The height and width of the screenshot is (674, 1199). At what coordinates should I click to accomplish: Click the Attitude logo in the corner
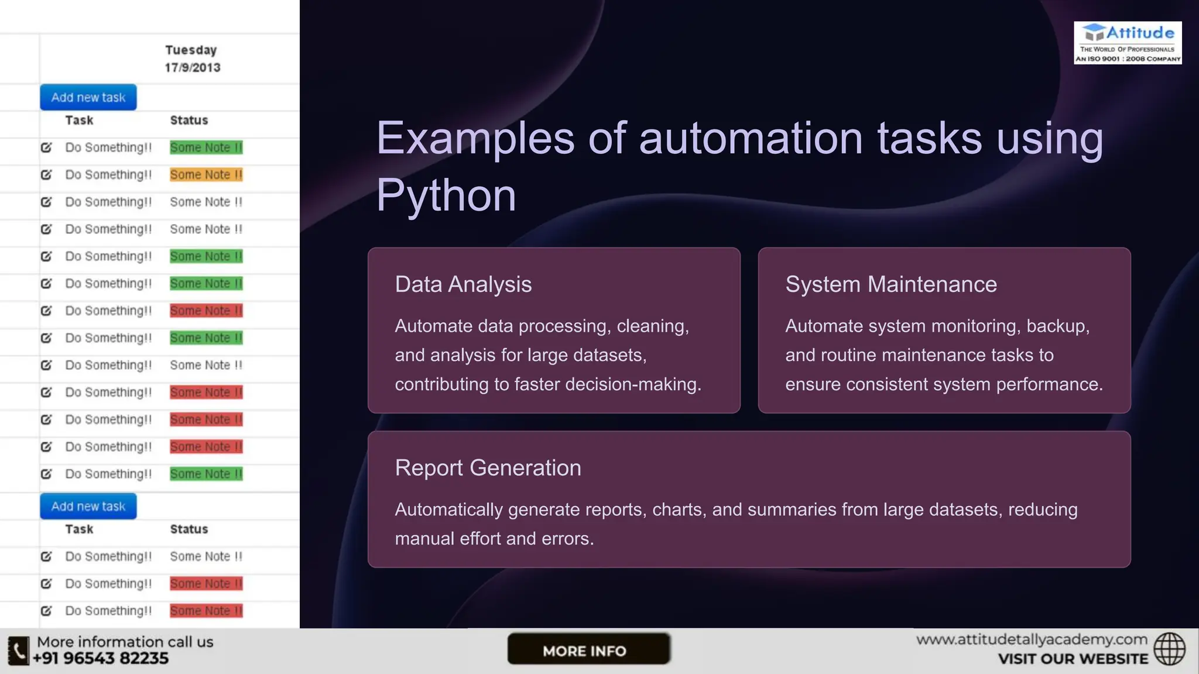coord(1127,43)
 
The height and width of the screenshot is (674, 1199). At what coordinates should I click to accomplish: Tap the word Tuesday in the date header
coord(191,50)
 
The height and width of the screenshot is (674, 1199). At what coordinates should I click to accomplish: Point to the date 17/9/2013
coord(192,68)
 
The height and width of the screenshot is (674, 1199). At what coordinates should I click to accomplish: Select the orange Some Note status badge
coord(206,175)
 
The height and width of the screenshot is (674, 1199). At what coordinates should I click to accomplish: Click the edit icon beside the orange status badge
coord(46,175)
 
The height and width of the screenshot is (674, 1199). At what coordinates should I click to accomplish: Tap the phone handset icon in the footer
coord(19,651)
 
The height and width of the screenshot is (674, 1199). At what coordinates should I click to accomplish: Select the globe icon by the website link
coord(1169,649)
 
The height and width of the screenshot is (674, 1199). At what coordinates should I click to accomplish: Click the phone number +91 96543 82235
coord(100,659)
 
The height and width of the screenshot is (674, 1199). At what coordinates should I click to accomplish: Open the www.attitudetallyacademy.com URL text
coord(1032,639)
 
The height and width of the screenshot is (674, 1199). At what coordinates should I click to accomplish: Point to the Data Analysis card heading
coord(463,284)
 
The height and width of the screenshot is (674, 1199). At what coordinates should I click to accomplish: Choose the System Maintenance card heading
coord(890,284)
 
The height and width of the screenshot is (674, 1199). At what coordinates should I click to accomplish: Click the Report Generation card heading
coord(488,468)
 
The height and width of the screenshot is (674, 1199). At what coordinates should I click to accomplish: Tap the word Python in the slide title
coord(446,195)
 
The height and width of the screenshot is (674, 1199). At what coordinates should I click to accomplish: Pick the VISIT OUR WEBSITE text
coord(1073,659)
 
